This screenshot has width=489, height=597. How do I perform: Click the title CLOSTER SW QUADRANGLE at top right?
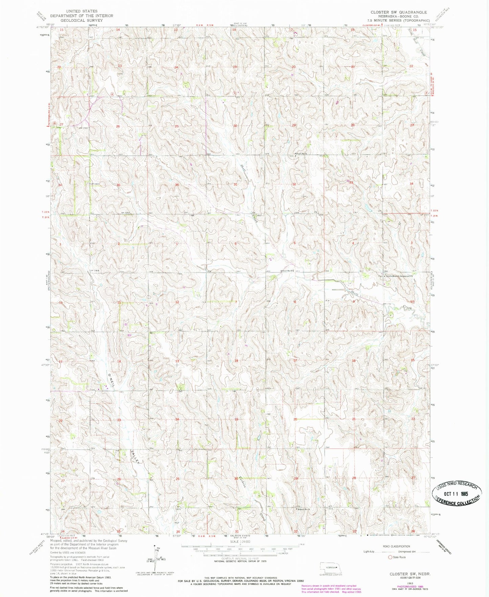(x=398, y=12)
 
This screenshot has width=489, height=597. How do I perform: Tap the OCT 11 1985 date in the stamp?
(x=457, y=493)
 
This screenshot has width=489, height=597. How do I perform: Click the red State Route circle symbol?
(x=390, y=557)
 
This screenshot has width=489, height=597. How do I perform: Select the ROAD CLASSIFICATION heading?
(x=396, y=546)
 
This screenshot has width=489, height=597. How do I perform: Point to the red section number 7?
(x=236, y=301)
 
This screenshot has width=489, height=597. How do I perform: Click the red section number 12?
(x=177, y=302)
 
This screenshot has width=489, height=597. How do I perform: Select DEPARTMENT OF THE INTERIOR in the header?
(x=82, y=16)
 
